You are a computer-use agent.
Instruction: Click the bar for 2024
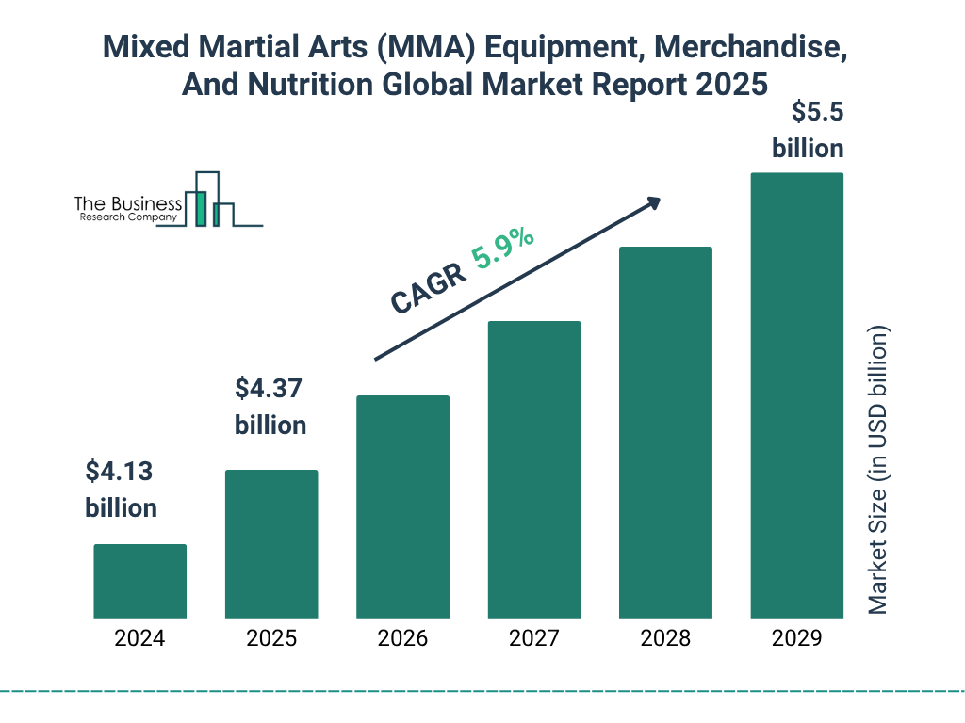click(x=139, y=581)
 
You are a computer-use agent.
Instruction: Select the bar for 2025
click(x=271, y=543)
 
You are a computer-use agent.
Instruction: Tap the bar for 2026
click(x=402, y=506)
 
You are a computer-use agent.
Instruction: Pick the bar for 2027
click(x=533, y=469)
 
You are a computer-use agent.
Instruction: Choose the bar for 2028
click(x=665, y=432)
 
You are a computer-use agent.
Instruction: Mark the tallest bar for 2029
click(x=796, y=395)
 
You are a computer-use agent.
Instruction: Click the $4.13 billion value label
click(x=121, y=489)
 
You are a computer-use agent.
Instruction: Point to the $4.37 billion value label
click(x=270, y=406)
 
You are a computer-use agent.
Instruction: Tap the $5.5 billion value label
click(x=808, y=130)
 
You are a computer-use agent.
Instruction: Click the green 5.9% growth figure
click(x=503, y=249)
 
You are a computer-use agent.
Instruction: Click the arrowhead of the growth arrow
click(x=652, y=203)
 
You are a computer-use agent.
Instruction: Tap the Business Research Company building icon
click(x=209, y=200)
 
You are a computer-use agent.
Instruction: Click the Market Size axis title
click(x=878, y=471)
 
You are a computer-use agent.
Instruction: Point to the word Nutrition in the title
click(x=312, y=85)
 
